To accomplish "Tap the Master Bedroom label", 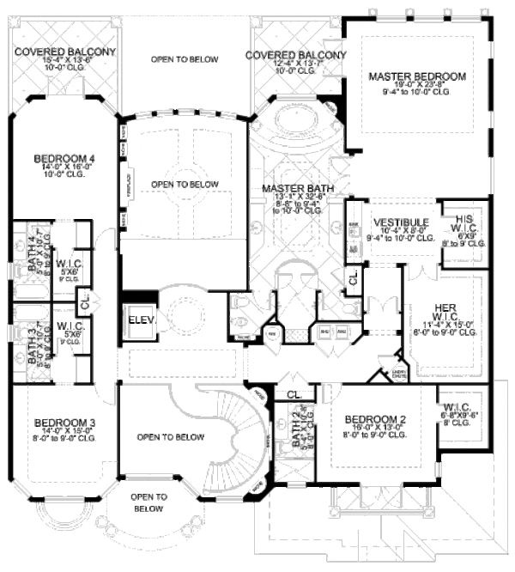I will click(x=417, y=76).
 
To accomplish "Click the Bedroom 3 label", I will click(x=64, y=422).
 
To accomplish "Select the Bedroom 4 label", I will click(x=64, y=158).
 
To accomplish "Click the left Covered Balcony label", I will click(x=64, y=52).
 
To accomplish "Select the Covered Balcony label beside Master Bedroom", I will click(x=294, y=56).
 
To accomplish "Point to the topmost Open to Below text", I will click(x=184, y=59).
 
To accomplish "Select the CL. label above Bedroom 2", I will click(x=294, y=394).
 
